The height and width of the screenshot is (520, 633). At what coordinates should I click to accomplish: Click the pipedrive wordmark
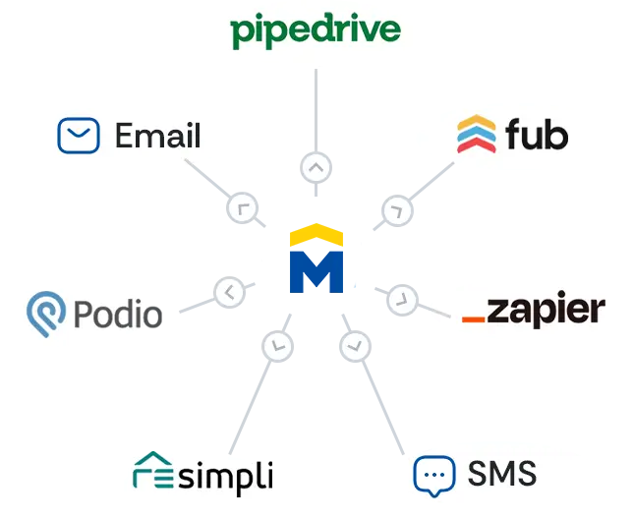(316, 30)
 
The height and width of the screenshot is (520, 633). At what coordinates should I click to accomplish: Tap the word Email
(157, 136)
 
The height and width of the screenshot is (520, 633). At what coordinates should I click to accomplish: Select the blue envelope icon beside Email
(79, 136)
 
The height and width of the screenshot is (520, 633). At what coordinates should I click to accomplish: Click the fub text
(537, 135)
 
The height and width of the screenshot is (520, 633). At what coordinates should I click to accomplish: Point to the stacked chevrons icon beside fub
(477, 135)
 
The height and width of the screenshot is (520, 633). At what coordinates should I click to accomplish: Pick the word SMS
(501, 474)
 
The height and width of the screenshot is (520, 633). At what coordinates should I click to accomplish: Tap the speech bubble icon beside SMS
(434, 475)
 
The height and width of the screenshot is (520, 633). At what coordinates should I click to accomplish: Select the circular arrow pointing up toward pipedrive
(316, 168)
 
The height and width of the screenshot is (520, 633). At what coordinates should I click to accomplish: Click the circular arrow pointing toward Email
(242, 207)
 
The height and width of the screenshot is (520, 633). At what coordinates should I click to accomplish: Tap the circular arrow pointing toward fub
(396, 209)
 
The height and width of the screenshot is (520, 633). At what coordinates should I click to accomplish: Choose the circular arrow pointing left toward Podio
(228, 291)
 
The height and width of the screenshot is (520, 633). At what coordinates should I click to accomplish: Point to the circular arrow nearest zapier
(402, 299)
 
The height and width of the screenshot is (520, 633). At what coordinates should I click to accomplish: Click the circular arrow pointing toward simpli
(278, 345)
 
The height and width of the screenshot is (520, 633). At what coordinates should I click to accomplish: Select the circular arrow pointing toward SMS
(355, 346)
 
